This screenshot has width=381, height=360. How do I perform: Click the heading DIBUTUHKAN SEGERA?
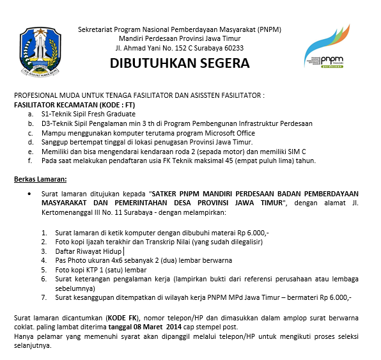tap(180, 64)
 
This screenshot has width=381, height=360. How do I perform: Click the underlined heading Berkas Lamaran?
tap(40, 178)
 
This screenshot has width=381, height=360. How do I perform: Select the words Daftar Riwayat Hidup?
tap(84, 251)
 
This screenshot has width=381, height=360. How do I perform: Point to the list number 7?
tap(43, 297)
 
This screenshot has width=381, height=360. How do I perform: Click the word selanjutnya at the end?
tap(33, 345)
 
